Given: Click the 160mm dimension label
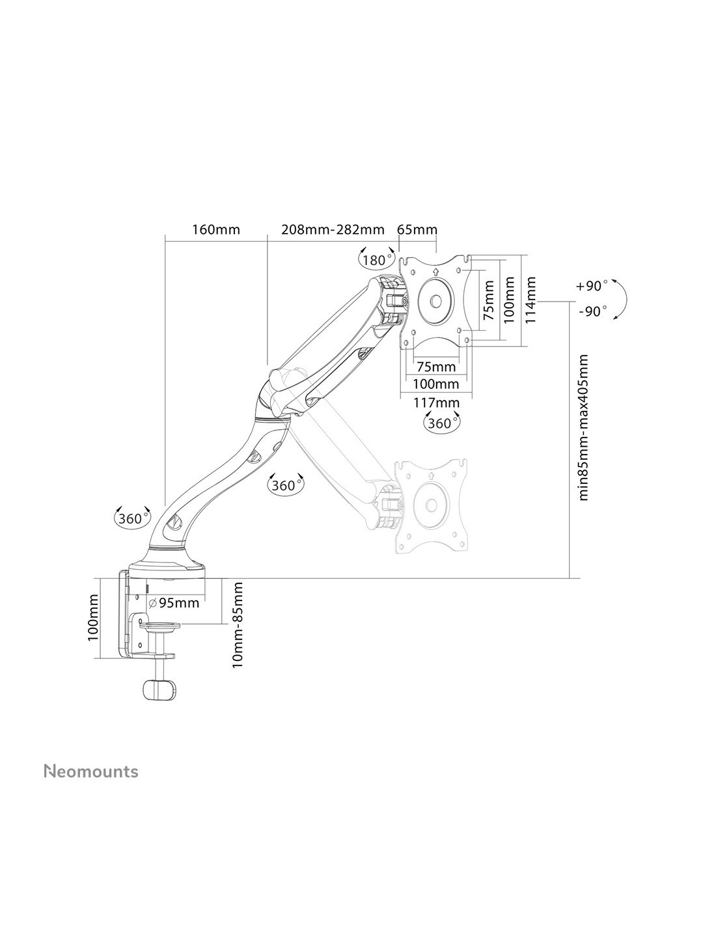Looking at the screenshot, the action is (216, 230).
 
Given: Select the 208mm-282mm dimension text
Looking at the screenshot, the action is (332, 230).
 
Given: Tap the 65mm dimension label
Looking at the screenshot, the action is (417, 230).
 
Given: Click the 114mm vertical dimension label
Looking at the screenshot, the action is (530, 299).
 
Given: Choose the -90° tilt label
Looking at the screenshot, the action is (592, 311).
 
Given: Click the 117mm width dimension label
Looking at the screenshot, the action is (436, 402).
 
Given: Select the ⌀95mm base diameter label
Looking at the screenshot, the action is (174, 603).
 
